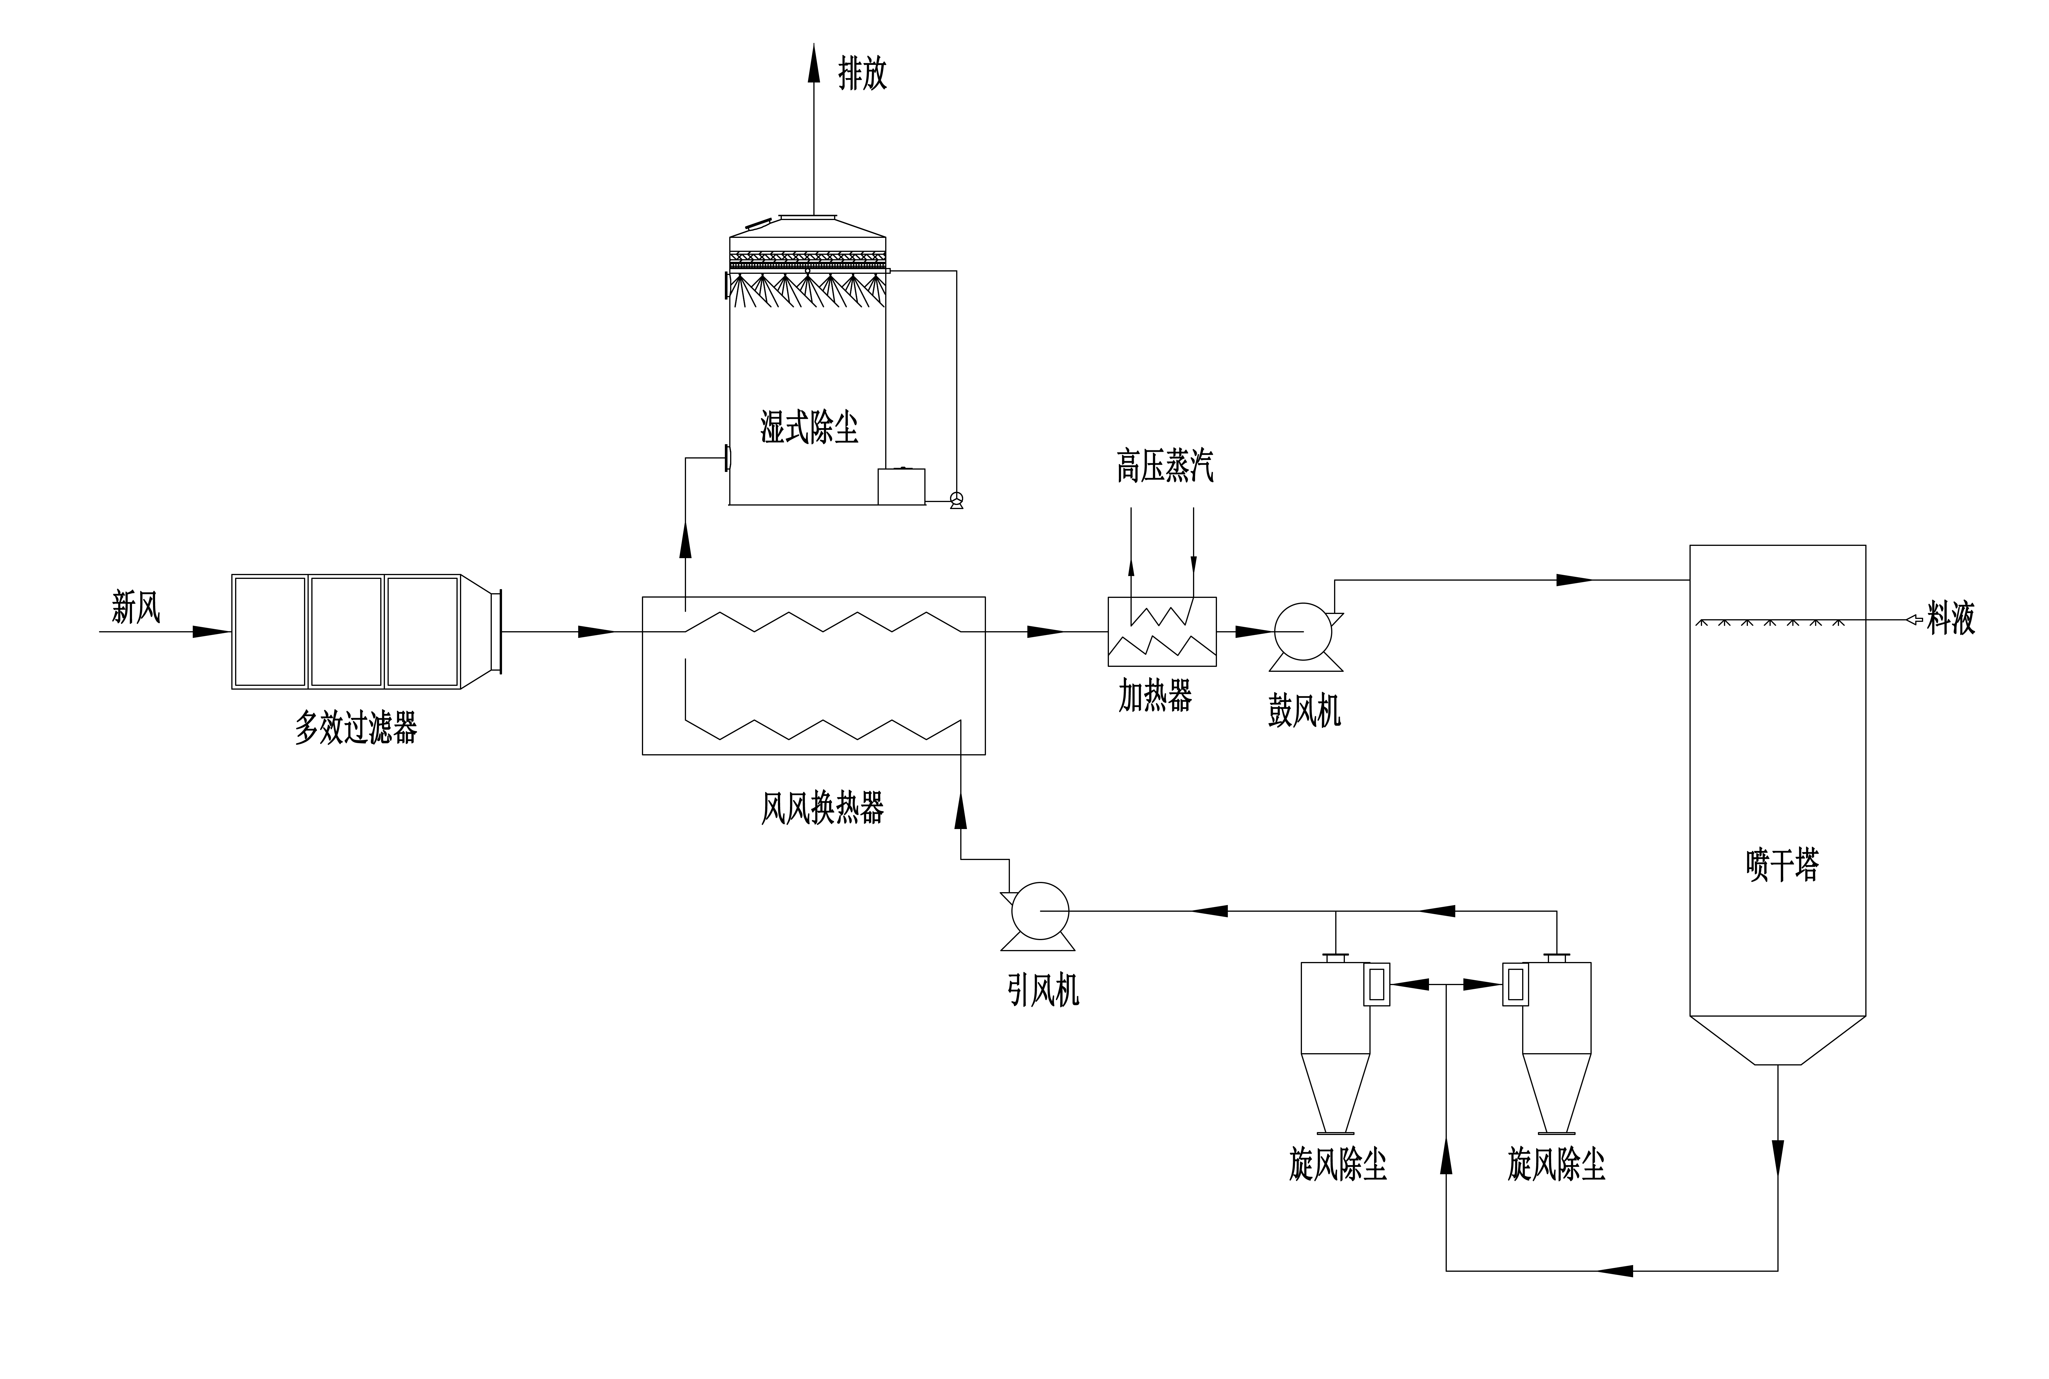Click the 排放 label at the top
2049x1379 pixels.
point(862,74)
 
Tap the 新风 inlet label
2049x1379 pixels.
point(136,607)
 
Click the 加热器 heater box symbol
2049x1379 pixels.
point(1162,631)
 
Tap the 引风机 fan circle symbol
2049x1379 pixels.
point(1040,911)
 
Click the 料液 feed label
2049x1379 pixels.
point(1951,618)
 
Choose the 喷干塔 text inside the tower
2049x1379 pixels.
point(1782,864)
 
